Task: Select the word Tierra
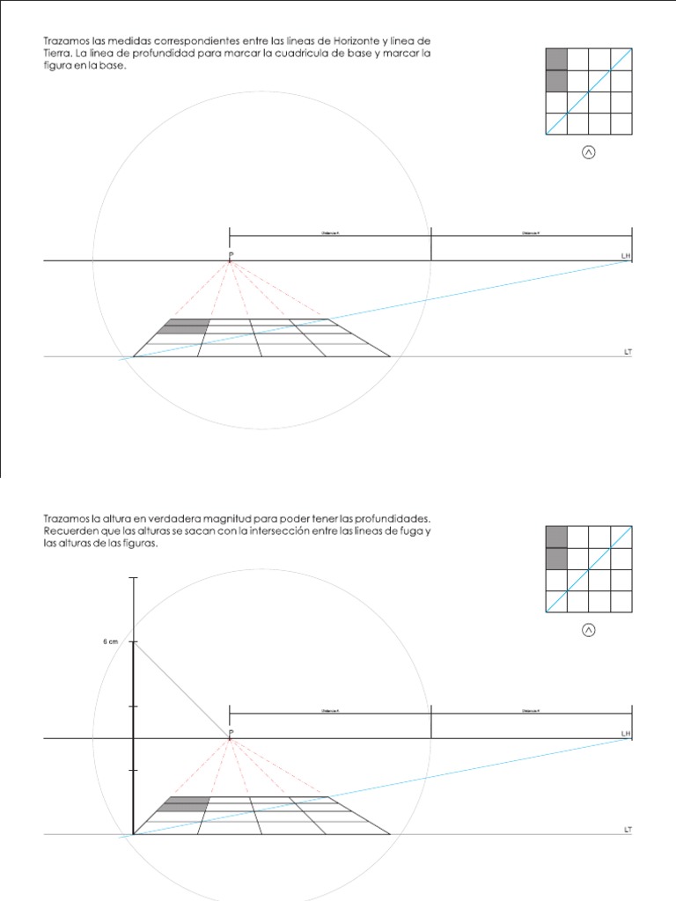pyautogui.click(x=59, y=54)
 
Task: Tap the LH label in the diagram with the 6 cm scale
pyautogui.click(x=626, y=733)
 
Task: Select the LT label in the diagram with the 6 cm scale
pyautogui.click(x=627, y=830)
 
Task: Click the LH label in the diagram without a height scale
pyautogui.click(x=626, y=255)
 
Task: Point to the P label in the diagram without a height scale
pyautogui.click(x=231, y=255)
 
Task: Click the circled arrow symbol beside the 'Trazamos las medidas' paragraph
pyautogui.click(x=588, y=152)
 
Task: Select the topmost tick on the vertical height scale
pyautogui.click(x=133, y=578)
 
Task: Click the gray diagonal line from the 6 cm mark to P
pyautogui.click(x=181, y=691)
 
